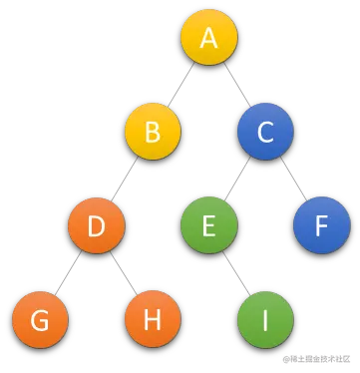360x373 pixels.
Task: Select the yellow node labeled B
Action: [x=153, y=132]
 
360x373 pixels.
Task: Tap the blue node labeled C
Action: [x=265, y=132]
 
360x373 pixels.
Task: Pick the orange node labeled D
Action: [x=97, y=226]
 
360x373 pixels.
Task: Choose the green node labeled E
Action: [x=208, y=226]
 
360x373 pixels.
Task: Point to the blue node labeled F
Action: [x=320, y=226]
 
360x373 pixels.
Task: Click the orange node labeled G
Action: [x=41, y=320]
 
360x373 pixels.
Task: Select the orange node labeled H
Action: [x=153, y=320]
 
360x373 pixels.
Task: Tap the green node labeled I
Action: [x=265, y=320]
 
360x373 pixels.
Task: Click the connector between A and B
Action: [x=180, y=86]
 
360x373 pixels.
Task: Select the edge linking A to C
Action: [x=237, y=86]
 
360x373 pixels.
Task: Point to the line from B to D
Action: [x=125, y=180]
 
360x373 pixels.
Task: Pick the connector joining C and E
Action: [x=237, y=180]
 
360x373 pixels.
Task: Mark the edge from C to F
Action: [x=293, y=180]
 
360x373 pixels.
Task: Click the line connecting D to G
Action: [x=68, y=274]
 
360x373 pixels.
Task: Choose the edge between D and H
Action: [x=125, y=274]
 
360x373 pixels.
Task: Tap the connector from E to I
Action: [x=237, y=274]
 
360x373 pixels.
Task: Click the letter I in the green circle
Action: [x=265, y=320]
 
